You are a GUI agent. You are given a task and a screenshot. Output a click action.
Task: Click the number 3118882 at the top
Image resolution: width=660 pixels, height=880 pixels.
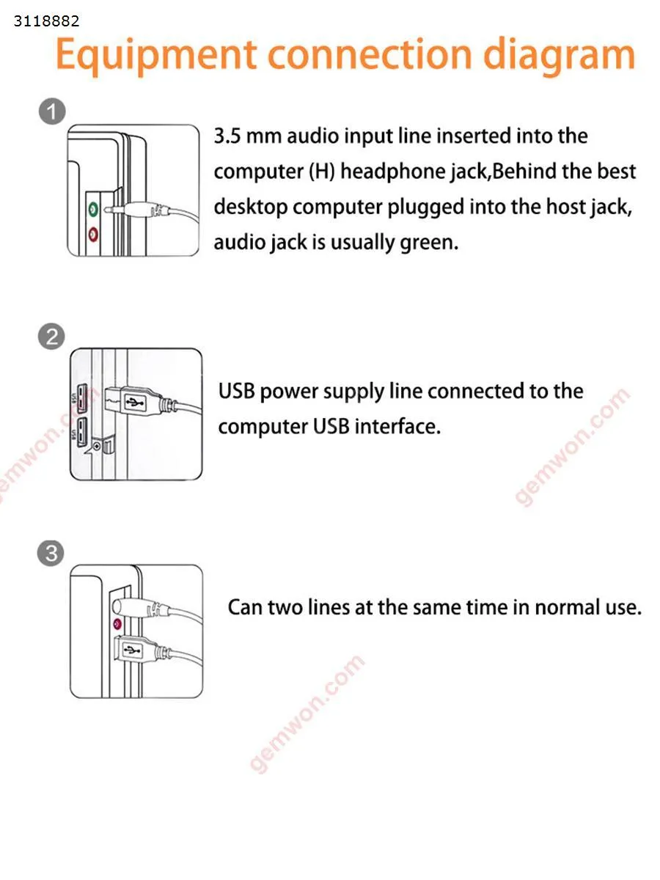(x=46, y=21)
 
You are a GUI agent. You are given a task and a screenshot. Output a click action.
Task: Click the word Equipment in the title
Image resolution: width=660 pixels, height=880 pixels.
(x=155, y=55)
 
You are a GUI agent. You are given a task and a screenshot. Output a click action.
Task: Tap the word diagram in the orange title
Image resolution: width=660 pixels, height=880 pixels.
(x=559, y=55)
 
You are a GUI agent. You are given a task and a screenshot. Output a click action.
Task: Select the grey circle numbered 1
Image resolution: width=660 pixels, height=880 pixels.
(x=52, y=111)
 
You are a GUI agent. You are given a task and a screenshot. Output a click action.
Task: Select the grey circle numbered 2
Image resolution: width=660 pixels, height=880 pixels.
(x=51, y=337)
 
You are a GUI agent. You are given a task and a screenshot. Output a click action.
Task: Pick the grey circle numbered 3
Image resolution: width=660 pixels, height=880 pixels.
(x=51, y=553)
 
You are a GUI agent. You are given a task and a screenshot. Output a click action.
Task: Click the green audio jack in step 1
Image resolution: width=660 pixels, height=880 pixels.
(x=93, y=208)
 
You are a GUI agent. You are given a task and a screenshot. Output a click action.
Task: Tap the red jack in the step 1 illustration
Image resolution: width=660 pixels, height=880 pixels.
(x=93, y=234)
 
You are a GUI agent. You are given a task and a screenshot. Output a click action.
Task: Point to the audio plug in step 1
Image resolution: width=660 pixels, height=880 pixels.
(x=136, y=209)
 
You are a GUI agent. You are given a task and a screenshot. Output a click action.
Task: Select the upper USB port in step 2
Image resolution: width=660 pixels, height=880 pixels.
(x=81, y=398)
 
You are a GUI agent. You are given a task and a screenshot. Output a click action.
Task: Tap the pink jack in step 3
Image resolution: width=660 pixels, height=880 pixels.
(x=117, y=624)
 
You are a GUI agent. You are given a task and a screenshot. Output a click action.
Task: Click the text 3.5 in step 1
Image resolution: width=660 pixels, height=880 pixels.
(x=227, y=136)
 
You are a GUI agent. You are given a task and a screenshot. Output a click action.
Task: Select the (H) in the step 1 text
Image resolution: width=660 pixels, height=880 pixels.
(x=322, y=171)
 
